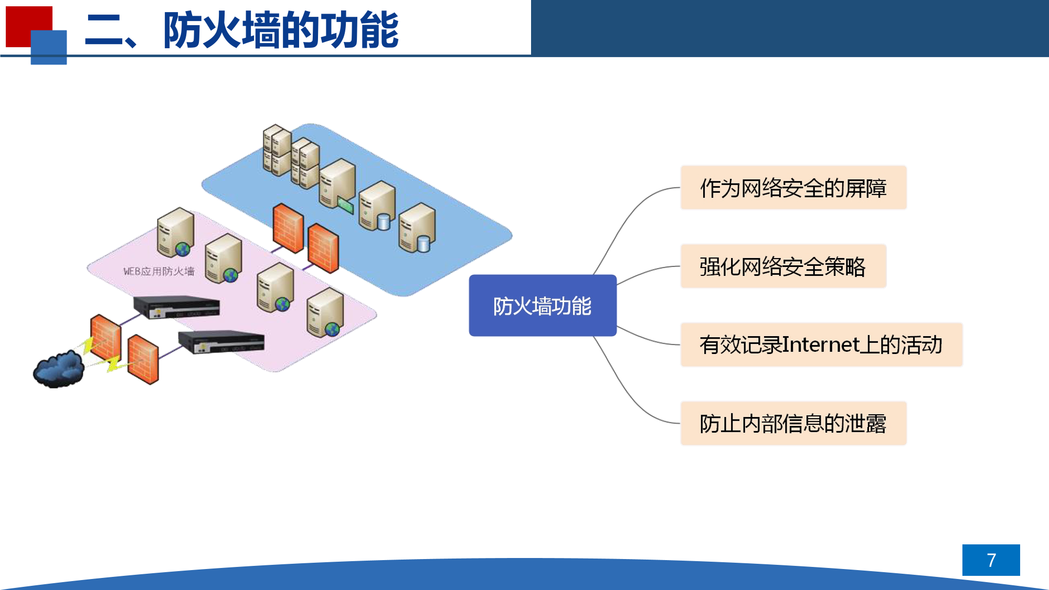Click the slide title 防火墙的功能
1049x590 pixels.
281,30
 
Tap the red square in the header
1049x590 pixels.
24,21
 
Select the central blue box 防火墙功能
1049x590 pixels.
543,305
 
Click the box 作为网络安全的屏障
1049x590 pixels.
793,188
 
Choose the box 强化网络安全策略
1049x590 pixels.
783,266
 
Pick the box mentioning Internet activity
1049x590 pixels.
821,345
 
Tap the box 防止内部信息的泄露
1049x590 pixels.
793,423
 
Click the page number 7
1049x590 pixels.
991,560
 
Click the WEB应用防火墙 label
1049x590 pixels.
158,271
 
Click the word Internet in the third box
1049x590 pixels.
821,345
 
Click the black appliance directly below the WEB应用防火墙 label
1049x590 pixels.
176,307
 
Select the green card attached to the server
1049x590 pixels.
345,205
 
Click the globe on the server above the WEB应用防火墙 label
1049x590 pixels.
183,249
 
